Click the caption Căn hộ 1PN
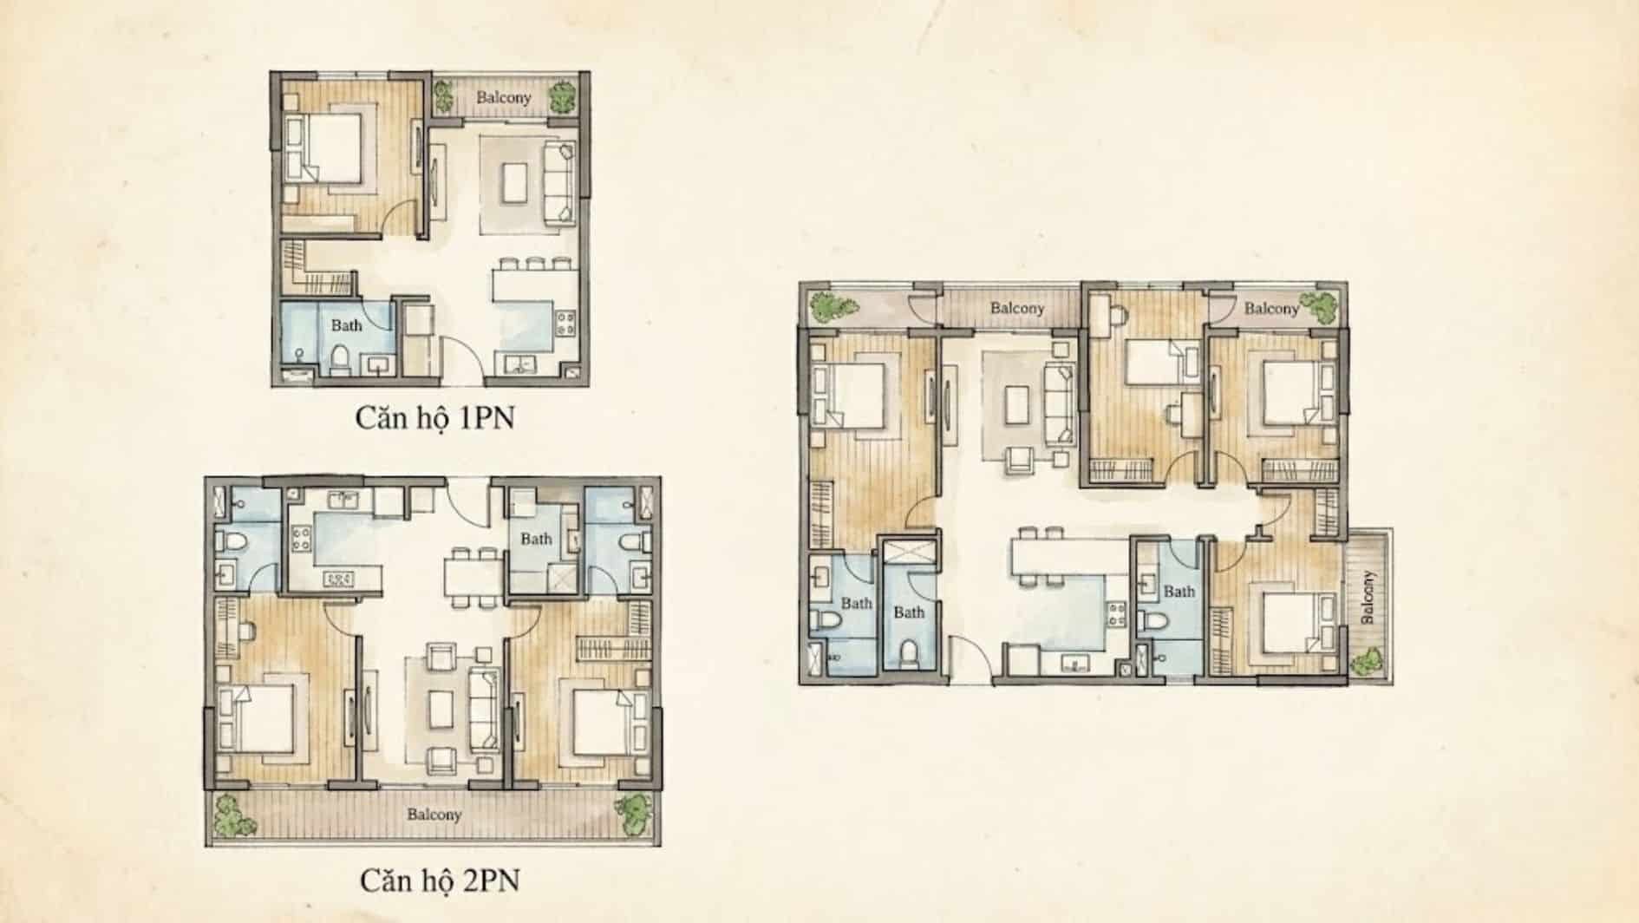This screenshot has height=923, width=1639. [434, 417]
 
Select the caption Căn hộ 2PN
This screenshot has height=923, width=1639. [440, 880]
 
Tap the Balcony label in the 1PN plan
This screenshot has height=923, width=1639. [503, 98]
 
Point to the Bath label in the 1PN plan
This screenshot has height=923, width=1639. [346, 325]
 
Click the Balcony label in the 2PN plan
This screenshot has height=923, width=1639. [434, 815]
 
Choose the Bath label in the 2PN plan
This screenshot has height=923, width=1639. [536, 539]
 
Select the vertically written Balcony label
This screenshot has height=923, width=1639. [1368, 597]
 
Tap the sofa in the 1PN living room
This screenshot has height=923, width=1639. [558, 183]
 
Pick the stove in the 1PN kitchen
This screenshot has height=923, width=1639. [565, 324]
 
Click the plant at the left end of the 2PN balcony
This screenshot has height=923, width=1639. [230, 814]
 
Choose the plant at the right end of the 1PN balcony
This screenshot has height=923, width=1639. [563, 95]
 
